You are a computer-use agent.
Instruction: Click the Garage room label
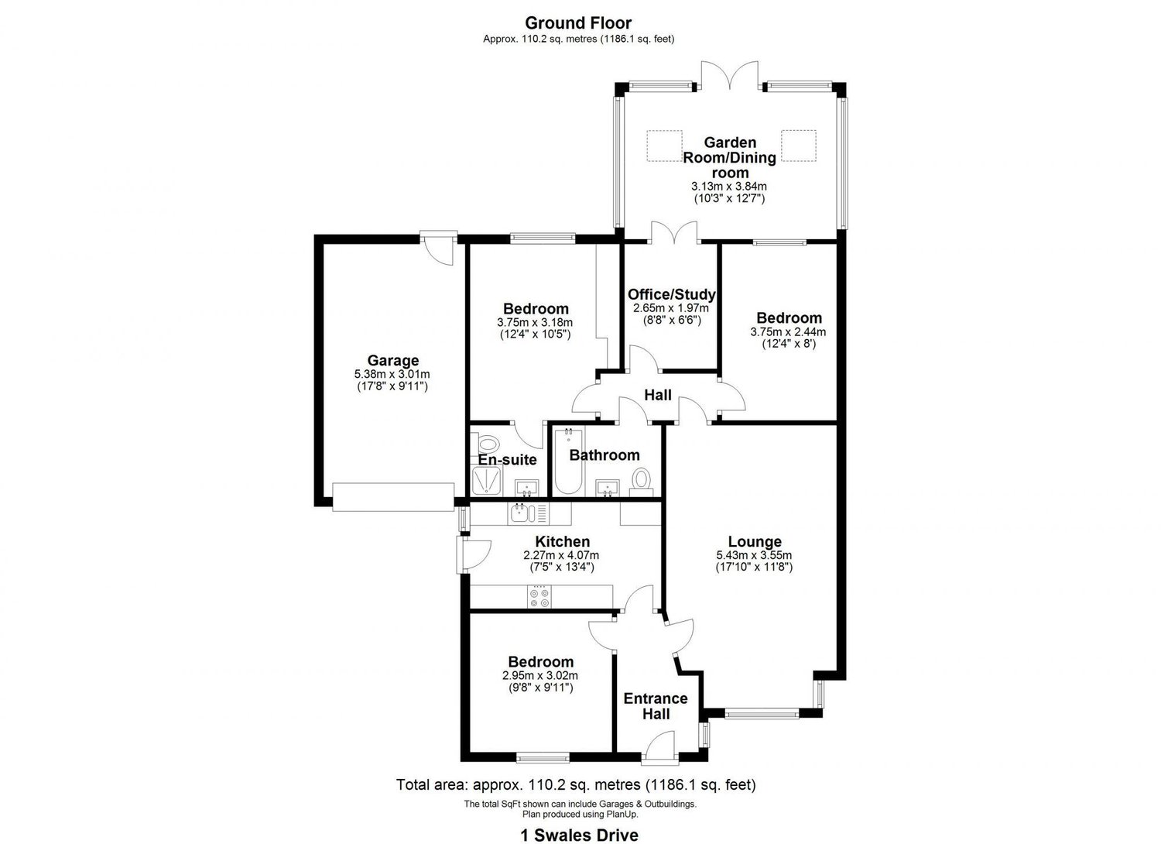point(392,360)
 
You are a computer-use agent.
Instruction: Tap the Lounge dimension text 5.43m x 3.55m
point(754,555)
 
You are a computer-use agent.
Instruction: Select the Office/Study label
point(671,294)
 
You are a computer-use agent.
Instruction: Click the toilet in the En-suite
point(488,444)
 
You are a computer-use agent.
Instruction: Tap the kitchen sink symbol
point(519,513)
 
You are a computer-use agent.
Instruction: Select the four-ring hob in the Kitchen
point(539,597)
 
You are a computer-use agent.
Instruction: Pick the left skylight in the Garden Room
point(664,145)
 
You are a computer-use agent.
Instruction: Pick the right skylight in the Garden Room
point(799,145)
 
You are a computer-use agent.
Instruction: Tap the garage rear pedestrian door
point(438,246)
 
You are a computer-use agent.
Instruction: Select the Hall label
point(658,395)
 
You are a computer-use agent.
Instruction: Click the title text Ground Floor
point(578,23)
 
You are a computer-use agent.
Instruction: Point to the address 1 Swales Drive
point(578,834)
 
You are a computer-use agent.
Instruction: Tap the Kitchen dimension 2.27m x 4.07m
point(561,555)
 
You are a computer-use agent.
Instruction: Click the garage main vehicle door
point(393,496)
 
